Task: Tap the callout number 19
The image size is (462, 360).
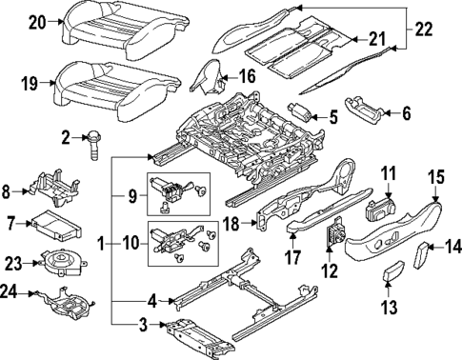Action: point(30,85)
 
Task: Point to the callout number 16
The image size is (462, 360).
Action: point(247,75)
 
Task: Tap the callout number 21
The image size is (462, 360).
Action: point(377,39)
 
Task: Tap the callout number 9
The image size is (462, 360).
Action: point(131,199)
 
